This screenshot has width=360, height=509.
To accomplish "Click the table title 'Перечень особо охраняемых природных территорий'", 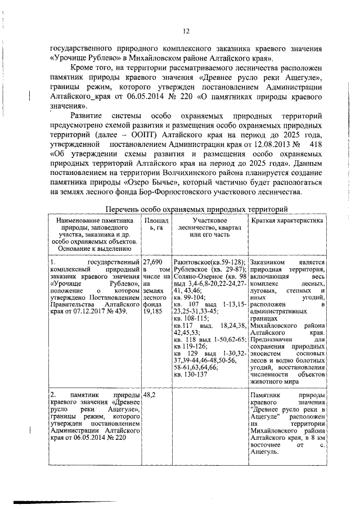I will coord(197,209).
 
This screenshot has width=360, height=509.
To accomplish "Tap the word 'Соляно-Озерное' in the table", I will coord(197,278).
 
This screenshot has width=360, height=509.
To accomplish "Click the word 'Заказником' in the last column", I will coord(270,262).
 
